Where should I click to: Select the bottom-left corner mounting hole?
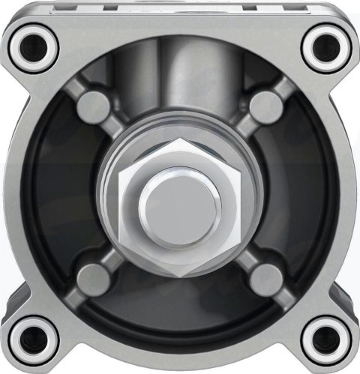click(x=34, y=337)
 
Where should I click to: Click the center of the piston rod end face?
click(x=180, y=201)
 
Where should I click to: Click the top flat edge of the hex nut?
click(x=180, y=142)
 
